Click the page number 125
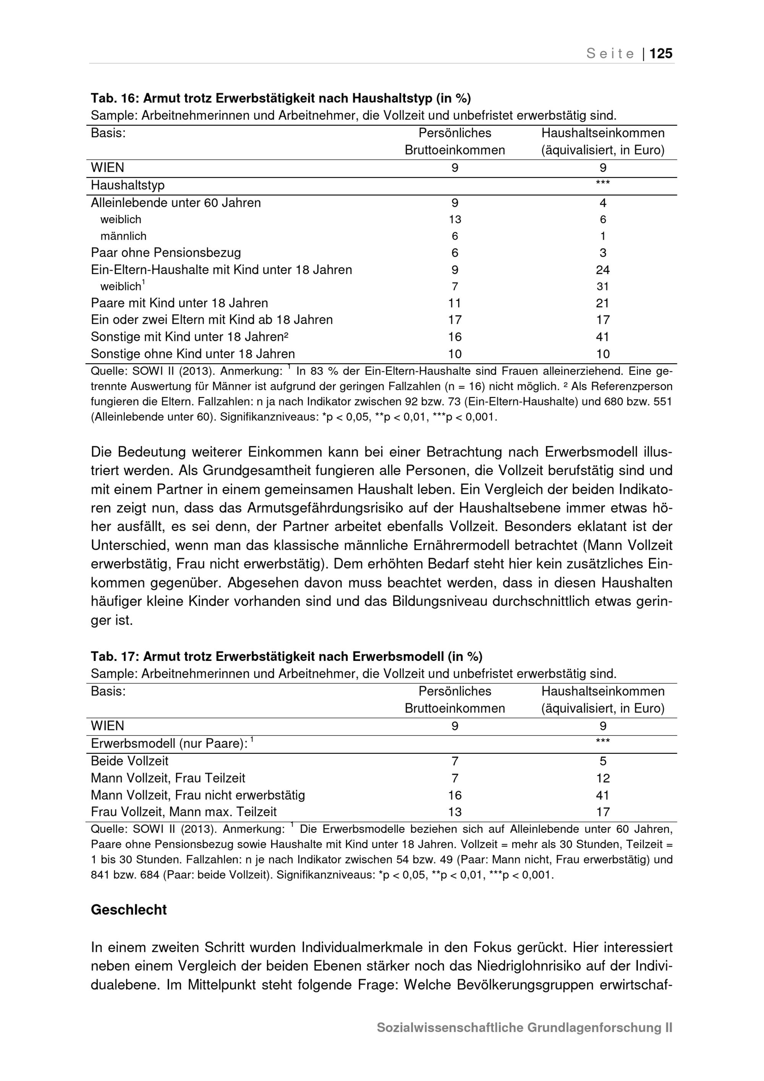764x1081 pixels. [x=661, y=54]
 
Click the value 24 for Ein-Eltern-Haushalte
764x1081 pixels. [x=603, y=270]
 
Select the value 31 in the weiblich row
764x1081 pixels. [x=603, y=286]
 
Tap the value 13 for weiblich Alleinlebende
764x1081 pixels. [x=455, y=219]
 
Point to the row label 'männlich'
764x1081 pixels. [x=123, y=236]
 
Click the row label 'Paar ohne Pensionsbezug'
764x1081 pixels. [x=165, y=253]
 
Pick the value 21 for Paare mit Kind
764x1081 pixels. [x=603, y=303]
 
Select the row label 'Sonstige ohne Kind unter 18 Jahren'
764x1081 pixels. [x=193, y=354]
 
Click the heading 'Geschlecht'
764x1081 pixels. [x=128, y=910]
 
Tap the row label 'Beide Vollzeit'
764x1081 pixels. [x=129, y=761]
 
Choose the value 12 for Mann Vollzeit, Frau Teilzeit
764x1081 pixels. [x=603, y=778]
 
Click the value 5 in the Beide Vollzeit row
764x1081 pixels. [x=603, y=761]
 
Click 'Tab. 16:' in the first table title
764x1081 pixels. [x=115, y=98]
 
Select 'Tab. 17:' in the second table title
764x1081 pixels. [x=115, y=656]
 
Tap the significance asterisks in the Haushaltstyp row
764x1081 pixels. [x=603, y=183]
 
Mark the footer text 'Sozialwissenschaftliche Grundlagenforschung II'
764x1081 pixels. [x=524, y=1027]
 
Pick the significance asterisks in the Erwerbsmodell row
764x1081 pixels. [x=603, y=741]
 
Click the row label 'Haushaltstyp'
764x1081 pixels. [x=128, y=185]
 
